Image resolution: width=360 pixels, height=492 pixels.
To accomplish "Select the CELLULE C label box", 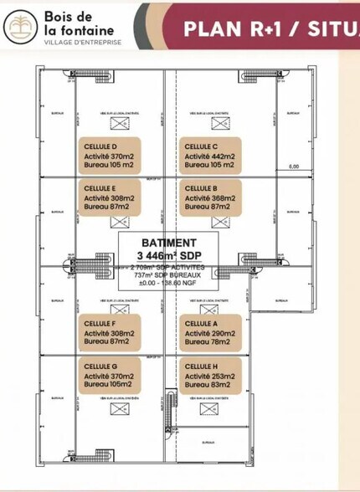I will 210,155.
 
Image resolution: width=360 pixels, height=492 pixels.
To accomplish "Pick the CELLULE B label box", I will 210,197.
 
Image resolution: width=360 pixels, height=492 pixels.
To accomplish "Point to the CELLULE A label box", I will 210,332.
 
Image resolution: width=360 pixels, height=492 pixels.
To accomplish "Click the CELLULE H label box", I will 210,375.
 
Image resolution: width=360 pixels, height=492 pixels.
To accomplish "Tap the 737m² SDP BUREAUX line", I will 169,274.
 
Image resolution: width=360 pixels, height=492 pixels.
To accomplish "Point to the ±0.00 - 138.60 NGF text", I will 169,282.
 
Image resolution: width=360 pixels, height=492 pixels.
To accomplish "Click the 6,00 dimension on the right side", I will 293,167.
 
